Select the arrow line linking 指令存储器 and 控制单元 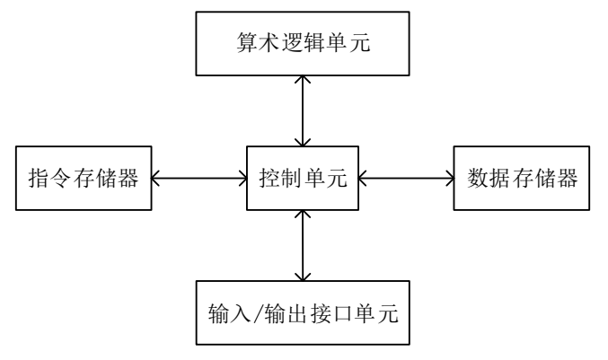198,179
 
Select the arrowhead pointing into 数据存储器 449,179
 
